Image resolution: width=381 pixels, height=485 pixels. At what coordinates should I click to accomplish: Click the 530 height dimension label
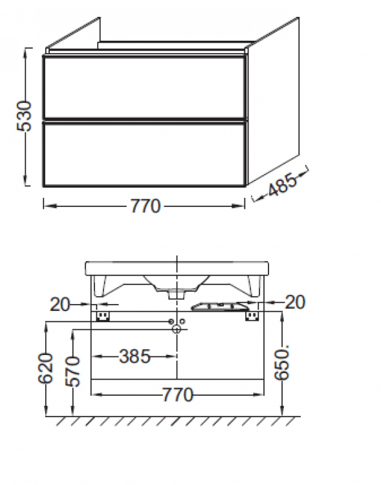(24, 116)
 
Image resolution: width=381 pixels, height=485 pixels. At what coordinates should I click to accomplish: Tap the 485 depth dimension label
(282, 185)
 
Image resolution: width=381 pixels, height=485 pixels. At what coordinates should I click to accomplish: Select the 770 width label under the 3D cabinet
(145, 206)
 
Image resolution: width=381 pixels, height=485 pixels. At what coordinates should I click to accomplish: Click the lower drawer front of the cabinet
(145, 153)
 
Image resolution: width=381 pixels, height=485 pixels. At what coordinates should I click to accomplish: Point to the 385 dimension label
(135, 356)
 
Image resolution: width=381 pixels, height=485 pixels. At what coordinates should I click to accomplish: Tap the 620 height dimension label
(46, 369)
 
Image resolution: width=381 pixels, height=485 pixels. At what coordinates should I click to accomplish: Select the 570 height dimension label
(72, 371)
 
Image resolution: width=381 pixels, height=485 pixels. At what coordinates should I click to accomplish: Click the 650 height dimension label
(282, 363)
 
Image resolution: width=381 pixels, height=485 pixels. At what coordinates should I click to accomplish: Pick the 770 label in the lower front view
(178, 394)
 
